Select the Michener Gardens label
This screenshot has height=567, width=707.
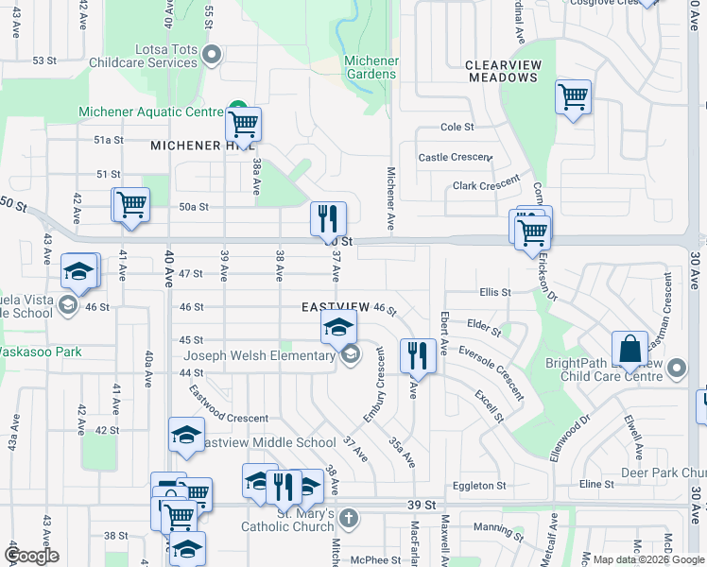pyautogui.click(x=371, y=67)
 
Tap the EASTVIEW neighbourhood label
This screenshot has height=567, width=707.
pyautogui.click(x=336, y=308)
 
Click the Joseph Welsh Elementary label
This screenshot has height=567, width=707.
pyautogui.click(x=259, y=356)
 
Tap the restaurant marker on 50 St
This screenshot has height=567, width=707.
pyautogui.click(x=328, y=219)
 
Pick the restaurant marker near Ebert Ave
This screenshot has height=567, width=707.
pyautogui.click(x=417, y=356)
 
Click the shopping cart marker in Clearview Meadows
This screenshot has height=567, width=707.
pyautogui.click(x=573, y=96)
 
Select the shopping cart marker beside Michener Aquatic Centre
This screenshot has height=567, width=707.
pyautogui.click(x=243, y=124)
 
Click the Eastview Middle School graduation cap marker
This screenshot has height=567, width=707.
pyautogui.click(x=186, y=435)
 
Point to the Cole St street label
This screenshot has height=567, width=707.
pyautogui.click(x=457, y=127)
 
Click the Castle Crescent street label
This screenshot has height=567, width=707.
pyautogui.click(x=455, y=157)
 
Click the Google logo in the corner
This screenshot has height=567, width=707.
pyautogui.click(x=31, y=555)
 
